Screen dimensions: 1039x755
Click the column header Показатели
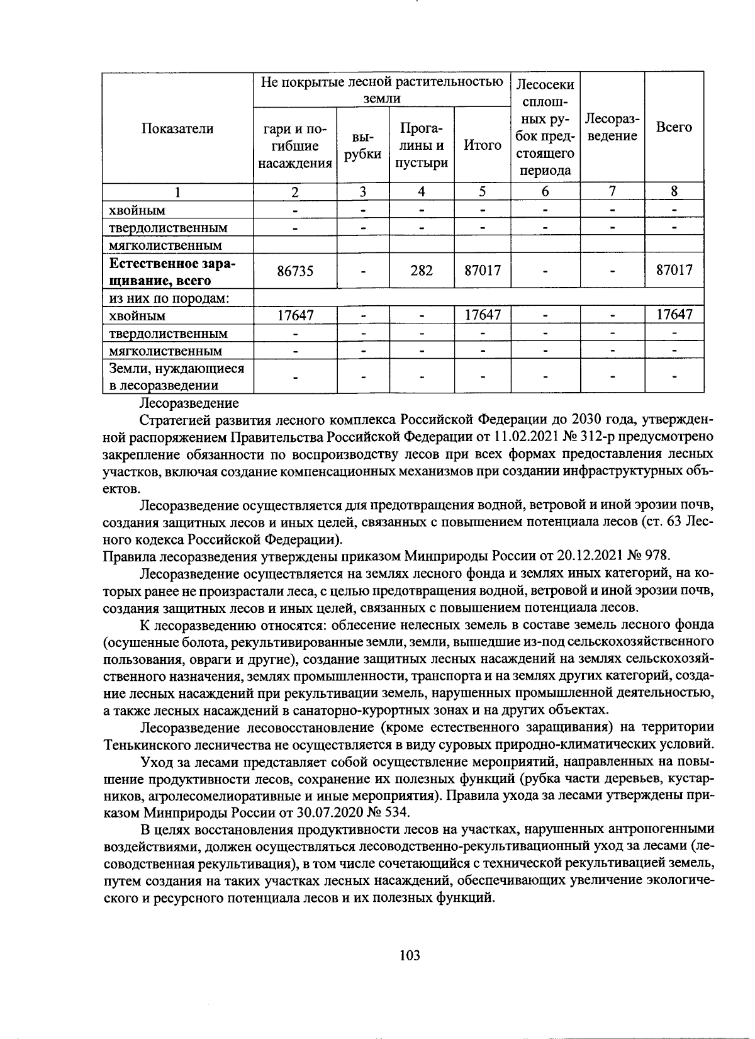[177, 128]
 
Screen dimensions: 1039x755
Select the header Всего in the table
[673, 127]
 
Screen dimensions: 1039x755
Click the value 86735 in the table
[295, 271]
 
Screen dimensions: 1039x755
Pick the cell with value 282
[422, 271]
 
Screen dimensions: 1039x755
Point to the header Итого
[482, 145]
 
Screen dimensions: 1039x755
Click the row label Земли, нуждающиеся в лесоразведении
[176, 376]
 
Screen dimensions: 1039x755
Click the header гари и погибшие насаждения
[295, 146]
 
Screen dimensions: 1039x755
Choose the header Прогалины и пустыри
[422, 145]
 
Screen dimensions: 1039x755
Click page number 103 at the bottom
[409, 955]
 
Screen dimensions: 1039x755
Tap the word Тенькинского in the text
[146, 744]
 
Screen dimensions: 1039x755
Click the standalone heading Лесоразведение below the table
[189, 402]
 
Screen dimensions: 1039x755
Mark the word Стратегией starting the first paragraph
[172, 418]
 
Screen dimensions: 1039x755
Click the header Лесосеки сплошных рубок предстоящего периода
[545, 127]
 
